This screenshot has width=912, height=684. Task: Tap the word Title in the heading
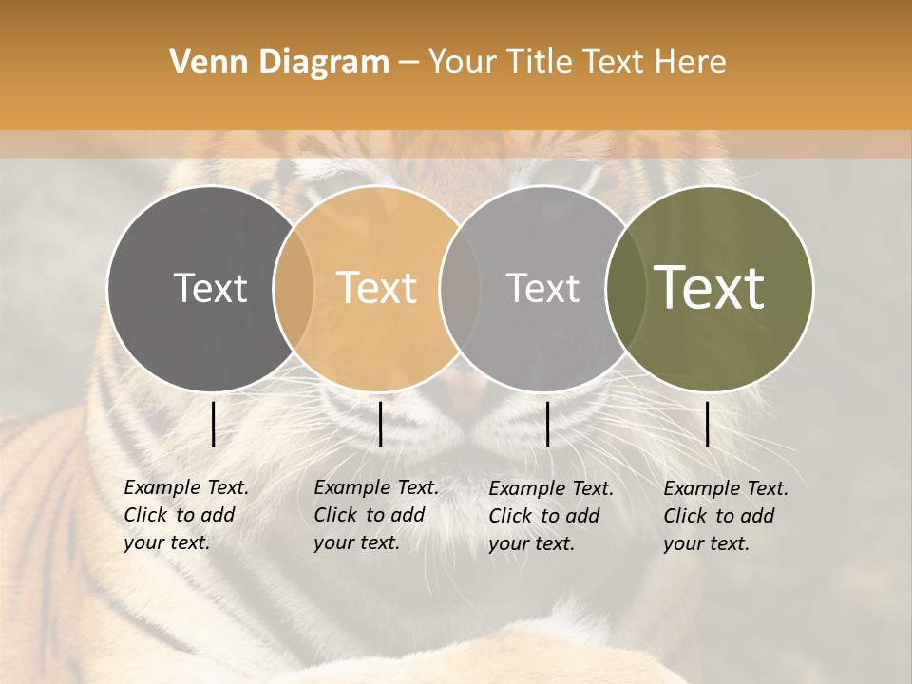pyautogui.click(x=541, y=63)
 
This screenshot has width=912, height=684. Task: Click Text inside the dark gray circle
pyautogui.click(x=210, y=289)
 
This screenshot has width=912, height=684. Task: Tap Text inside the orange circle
pyautogui.click(x=377, y=289)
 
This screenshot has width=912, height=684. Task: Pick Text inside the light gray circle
pyautogui.click(x=542, y=289)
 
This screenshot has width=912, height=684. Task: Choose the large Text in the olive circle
pyautogui.click(x=710, y=289)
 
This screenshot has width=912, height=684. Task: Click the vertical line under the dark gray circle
pyautogui.click(x=213, y=424)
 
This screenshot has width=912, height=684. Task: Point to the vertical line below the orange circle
pyautogui.click(x=380, y=424)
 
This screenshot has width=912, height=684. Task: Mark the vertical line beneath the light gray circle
pyautogui.click(x=547, y=424)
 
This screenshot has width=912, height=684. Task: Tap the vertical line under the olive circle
pyautogui.click(x=707, y=424)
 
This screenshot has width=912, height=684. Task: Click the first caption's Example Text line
pyautogui.click(x=186, y=488)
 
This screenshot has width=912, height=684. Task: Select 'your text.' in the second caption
pyautogui.click(x=356, y=543)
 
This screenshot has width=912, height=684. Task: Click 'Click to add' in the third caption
pyautogui.click(x=544, y=516)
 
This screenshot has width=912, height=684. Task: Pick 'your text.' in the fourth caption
pyautogui.click(x=706, y=543)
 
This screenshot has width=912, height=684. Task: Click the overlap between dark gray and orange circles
pyautogui.click(x=294, y=289)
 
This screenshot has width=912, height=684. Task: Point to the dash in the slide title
pyautogui.click(x=408, y=63)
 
